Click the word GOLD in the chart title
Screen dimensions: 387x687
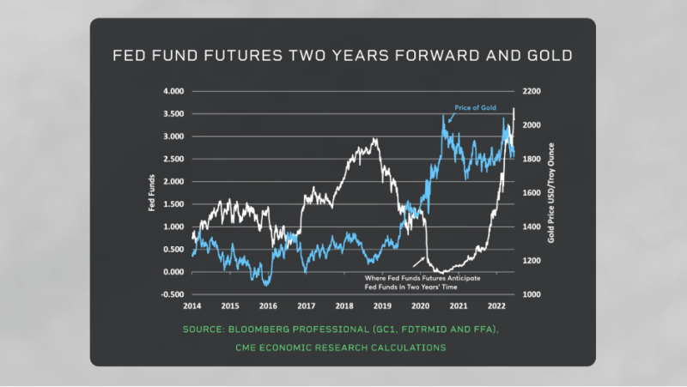pos(551,57)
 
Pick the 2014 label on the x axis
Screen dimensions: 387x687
pos(192,305)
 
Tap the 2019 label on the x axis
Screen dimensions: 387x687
pos(382,305)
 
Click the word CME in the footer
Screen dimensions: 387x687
pos(249,348)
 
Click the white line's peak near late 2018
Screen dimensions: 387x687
pos(374,139)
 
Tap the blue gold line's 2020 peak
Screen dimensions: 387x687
pos(444,116)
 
